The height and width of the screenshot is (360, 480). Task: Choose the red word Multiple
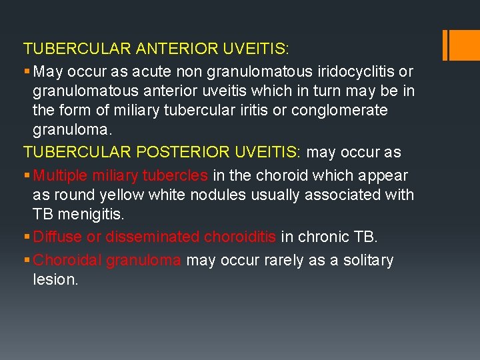pyautogui.click(x=61, y=175)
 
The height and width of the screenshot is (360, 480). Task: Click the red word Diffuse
pyautogui.click(x=55, y=236)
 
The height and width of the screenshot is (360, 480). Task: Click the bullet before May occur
pyautogui.click(x=27, y=71)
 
